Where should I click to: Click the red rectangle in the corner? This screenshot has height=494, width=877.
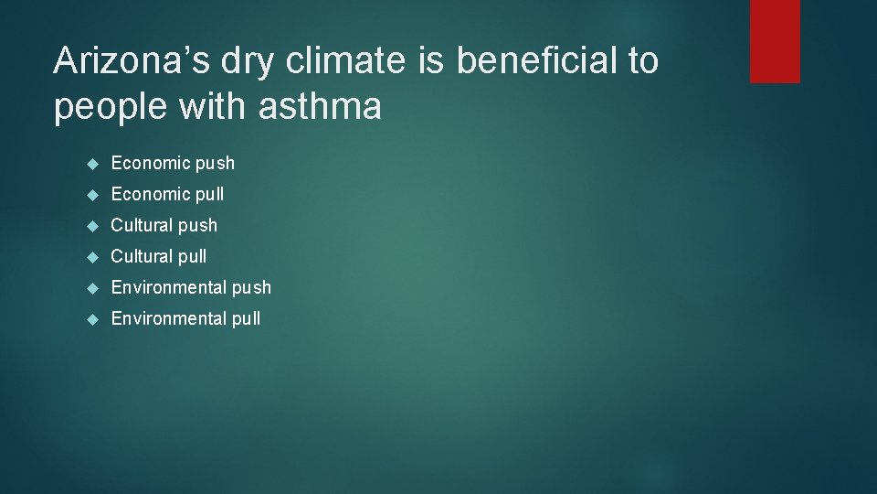pyautogui.click(x=775, y=41)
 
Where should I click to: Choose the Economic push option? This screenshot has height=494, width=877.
pyautogui.click(x=173, y=163)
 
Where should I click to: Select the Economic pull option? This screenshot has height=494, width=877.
pyautogui.click(x=167, y=194)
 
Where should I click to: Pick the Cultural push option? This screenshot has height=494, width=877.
pyautogui.click(x=164, y=225)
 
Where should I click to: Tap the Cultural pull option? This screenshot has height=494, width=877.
pyautogui.click(x=159, y=256)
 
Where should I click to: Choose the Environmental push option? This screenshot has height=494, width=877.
pyautogui.click(x=191, y=287)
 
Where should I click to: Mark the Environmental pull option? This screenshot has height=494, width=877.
pyautogui.click(x=185, y=318)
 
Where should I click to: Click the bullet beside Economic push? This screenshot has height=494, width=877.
pyautogui.click(x=91, y=164)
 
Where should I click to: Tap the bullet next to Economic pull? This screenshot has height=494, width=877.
pyautogui.click(x=91, y=195)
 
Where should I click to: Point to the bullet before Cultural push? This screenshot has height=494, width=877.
pyautogui.click(x=91, y=226)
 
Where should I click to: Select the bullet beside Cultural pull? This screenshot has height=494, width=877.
pyautogui.click(x=91, y=257)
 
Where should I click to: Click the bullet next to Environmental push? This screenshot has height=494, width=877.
pyautogui.click(x=91, y=288)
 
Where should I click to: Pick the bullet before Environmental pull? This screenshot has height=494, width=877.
pyautogui.click(x=91, y=319)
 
